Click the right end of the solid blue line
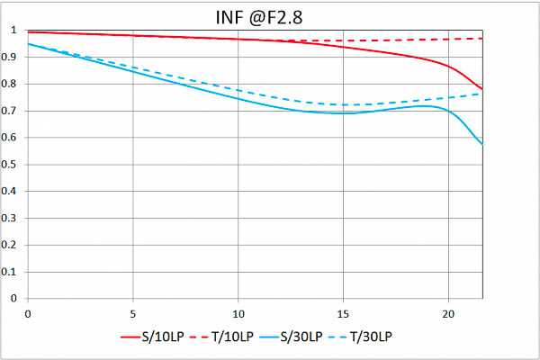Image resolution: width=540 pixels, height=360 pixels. (482, 144)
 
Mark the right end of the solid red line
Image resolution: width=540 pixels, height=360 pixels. (482, 89)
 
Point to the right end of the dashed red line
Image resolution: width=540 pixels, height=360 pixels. (482, 39)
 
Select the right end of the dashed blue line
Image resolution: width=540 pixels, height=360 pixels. (482, 94)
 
